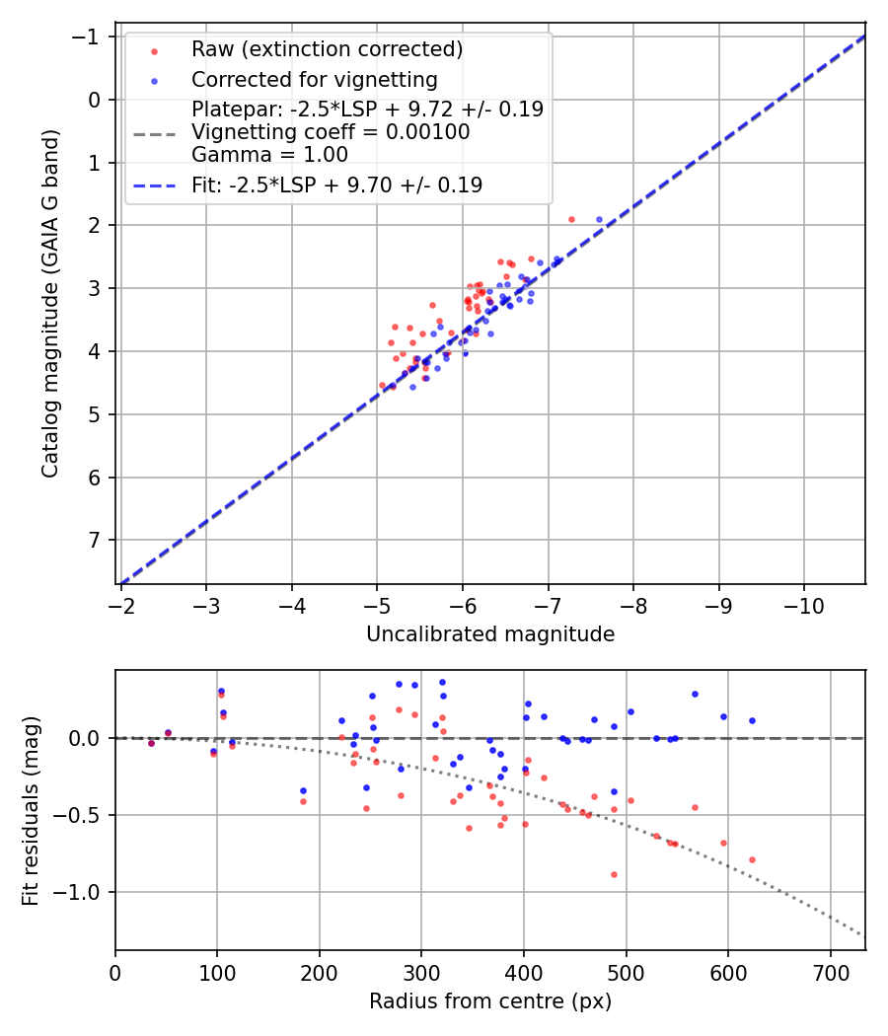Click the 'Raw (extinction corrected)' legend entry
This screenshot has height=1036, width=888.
coord(327,49)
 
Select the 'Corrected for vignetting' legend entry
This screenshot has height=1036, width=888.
coord(314,79)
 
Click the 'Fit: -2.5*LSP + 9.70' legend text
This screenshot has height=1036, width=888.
coord(336,185)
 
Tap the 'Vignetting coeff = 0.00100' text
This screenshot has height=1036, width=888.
coord(331,132)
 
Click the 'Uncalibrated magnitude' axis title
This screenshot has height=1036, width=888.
coord(490,634)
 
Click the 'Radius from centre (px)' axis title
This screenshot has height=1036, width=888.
coord(490,1001)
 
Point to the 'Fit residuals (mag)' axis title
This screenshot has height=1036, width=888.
coord(31,811)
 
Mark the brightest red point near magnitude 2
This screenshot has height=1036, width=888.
coord(571,219)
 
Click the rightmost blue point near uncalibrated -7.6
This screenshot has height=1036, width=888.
coord(599,219)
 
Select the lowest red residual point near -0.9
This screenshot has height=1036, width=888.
coord(614,874)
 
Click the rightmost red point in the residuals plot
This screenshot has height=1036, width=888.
coord(752,859)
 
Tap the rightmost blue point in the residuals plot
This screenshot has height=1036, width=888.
coord(752,720)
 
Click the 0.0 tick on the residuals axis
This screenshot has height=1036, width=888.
coord(91,738)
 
